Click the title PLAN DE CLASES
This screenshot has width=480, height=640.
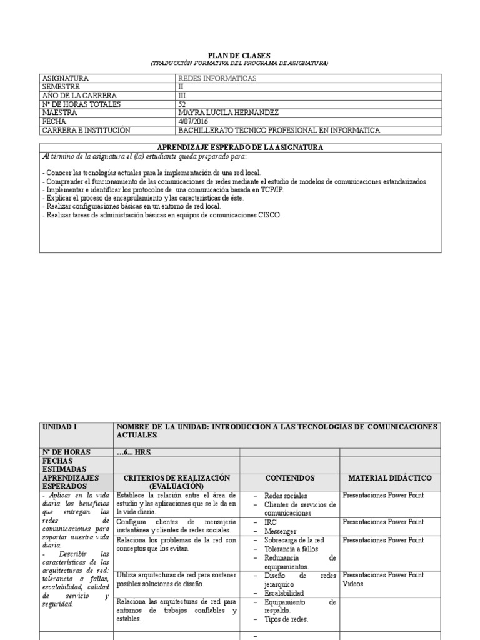240,56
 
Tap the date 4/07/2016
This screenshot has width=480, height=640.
193,121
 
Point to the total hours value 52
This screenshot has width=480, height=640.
182,104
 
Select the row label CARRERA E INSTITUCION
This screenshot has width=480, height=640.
86,130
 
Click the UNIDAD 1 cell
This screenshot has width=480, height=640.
60,426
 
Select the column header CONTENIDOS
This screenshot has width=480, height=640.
289,478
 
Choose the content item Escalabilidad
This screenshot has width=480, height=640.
284,592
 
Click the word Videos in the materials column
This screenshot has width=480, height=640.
354,584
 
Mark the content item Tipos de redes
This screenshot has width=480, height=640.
286,619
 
